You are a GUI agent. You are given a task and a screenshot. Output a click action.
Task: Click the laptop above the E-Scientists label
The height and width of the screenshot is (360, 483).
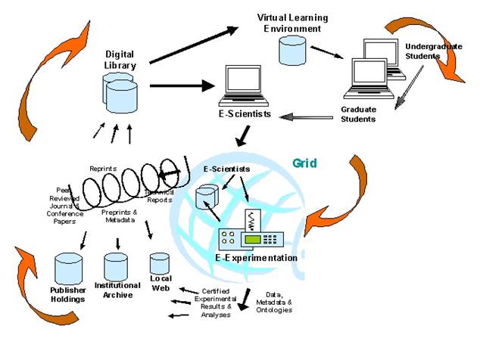tap(247, 85)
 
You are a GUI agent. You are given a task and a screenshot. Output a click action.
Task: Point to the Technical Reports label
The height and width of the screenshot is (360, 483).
tap(160, 197)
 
